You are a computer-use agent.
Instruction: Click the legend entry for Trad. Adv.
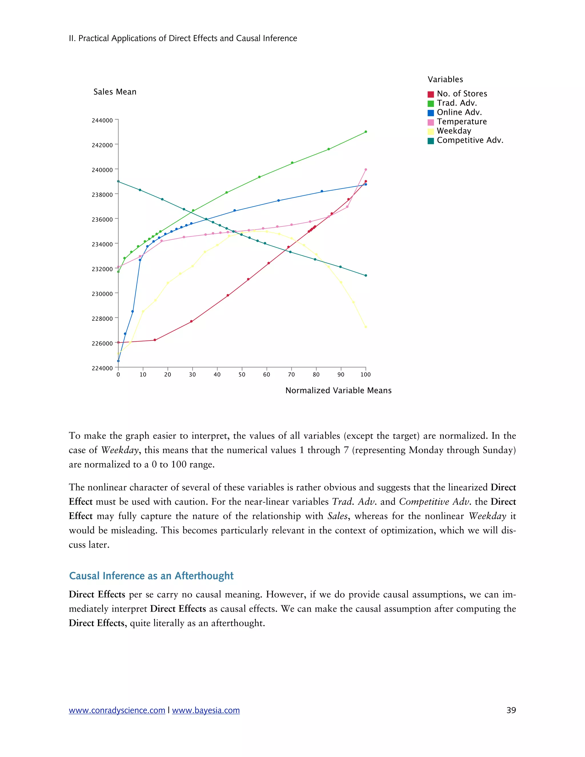click(x=456, y=103)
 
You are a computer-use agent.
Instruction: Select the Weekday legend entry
click(x=454, y=131)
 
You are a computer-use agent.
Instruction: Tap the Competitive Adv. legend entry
click(x=470, y=140)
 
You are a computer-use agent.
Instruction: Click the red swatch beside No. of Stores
click(x=431, y=94)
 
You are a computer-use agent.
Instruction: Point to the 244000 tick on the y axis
click(x=102, y=120)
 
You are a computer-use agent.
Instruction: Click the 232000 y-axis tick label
click(x=102, y=269)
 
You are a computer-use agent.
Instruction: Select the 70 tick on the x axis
click(x=291, y=374)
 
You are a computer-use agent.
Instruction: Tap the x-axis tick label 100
click(x=365, y=374)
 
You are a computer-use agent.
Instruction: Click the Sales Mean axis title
click(x=115, y=92)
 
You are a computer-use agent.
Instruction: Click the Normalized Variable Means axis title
click(x=338, y=390)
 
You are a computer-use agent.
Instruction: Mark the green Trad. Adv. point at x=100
click(x=366, y=132)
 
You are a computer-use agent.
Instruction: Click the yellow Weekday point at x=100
click(x=366, y=327)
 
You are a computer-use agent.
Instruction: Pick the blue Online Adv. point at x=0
click(x=118, y=361)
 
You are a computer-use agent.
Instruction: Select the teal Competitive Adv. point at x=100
click(x=366, y=276)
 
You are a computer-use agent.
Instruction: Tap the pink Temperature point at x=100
click(x=366, y=169)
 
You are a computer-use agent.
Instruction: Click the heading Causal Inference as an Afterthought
click(x=151, y=576)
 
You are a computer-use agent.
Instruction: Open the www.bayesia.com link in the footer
click(x=206, y=710)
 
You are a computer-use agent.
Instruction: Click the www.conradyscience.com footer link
click(x=117, y=710)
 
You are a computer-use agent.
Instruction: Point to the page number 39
click(x=511, y=710)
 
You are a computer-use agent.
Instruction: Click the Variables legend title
click(x=445, y=79)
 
